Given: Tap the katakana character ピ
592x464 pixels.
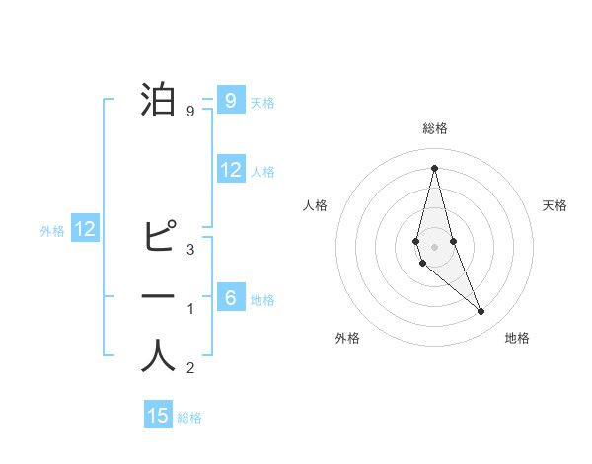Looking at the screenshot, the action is click(158, 237).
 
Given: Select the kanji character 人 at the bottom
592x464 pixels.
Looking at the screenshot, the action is click(158, 356).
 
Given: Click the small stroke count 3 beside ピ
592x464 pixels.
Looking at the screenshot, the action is click(189, 249).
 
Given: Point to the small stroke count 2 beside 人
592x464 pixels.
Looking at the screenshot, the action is click(189, 369).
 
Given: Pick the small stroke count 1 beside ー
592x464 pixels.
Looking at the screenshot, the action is click(189, 309).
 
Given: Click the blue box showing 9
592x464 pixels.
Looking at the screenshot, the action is click(230, 101).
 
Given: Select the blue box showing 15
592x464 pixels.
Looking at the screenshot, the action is click(158, 416).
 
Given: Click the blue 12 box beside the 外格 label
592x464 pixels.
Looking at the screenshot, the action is click(85, 230).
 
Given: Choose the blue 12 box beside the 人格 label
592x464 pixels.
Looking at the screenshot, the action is click(231, 170).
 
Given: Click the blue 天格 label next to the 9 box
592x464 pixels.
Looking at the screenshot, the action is click(262, 102).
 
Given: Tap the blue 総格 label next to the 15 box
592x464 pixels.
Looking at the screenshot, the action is click(189, 418).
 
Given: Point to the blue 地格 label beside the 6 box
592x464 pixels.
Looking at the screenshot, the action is click(262, 299).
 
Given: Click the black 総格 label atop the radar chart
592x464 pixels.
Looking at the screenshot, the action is click(434, 128).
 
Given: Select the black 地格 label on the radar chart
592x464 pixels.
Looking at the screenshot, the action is click(517, 338).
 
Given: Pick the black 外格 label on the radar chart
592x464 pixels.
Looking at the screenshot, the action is click(347, 338).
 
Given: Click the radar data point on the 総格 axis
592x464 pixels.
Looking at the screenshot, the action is click(434, 168).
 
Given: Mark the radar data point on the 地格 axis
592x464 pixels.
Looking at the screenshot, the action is click(481, 311).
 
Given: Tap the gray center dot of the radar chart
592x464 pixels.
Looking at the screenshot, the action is click(434, 246).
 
